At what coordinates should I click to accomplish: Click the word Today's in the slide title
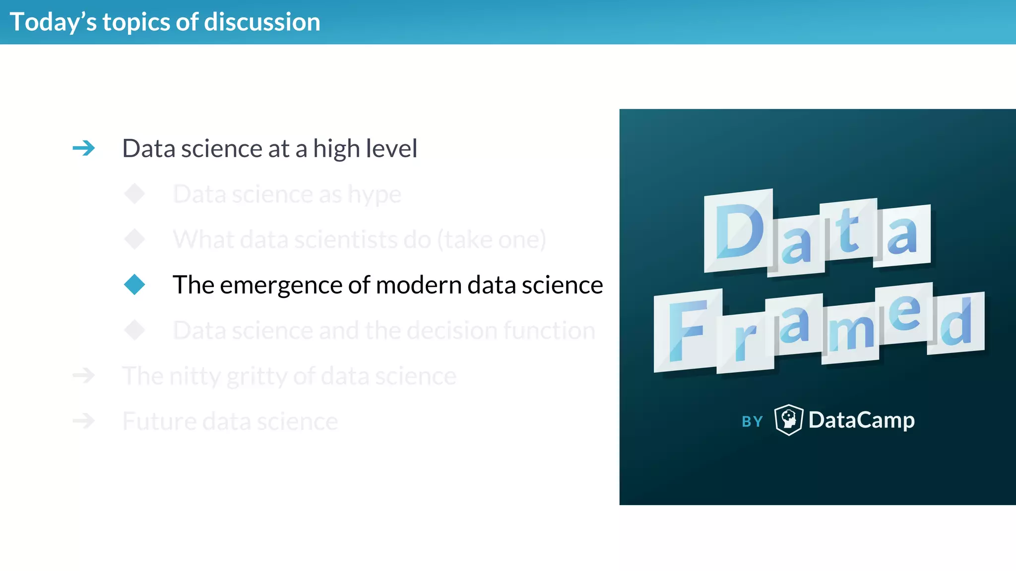coord(53,22)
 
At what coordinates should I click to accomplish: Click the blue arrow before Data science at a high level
coord(83,148)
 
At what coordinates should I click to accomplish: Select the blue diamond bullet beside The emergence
coord(134,285)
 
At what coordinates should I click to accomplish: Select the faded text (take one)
coord(491,240)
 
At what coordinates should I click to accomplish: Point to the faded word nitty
coord(195,376)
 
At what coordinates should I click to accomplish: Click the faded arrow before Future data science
coord(83,421)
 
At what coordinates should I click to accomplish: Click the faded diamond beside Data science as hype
coord(134,194)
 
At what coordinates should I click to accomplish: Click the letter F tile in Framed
coord(687,331)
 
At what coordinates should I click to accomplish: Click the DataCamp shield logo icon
coord(788,420)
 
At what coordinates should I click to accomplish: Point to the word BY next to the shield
coord(752,422)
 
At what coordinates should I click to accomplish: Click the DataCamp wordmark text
coord(861,420)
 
